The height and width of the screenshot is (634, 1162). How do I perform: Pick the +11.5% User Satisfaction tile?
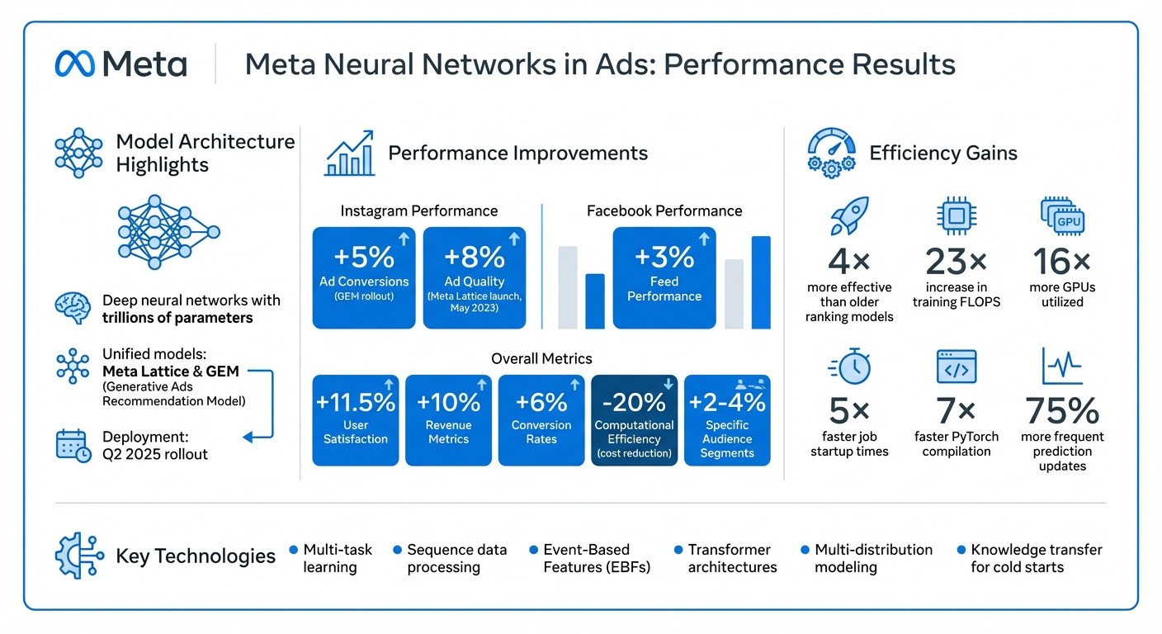point(356,419)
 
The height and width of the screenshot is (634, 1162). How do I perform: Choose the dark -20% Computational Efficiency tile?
point(634,419)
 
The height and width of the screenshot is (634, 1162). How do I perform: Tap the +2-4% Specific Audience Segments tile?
point(727,419)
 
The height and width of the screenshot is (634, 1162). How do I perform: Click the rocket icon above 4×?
point(849,216)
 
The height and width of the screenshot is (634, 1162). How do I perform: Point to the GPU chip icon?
point(1062,216)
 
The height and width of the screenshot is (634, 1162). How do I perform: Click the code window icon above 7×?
point(957,367)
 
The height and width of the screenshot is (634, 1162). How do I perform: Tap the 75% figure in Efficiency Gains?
point(1062,411)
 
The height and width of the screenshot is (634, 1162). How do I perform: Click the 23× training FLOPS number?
point(957,263)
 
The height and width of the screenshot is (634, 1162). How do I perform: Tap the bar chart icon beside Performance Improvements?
point(349,153)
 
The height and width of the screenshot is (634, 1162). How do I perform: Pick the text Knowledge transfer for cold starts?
point(1036,558)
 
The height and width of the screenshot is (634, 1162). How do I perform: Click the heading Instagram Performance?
point(419,211)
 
